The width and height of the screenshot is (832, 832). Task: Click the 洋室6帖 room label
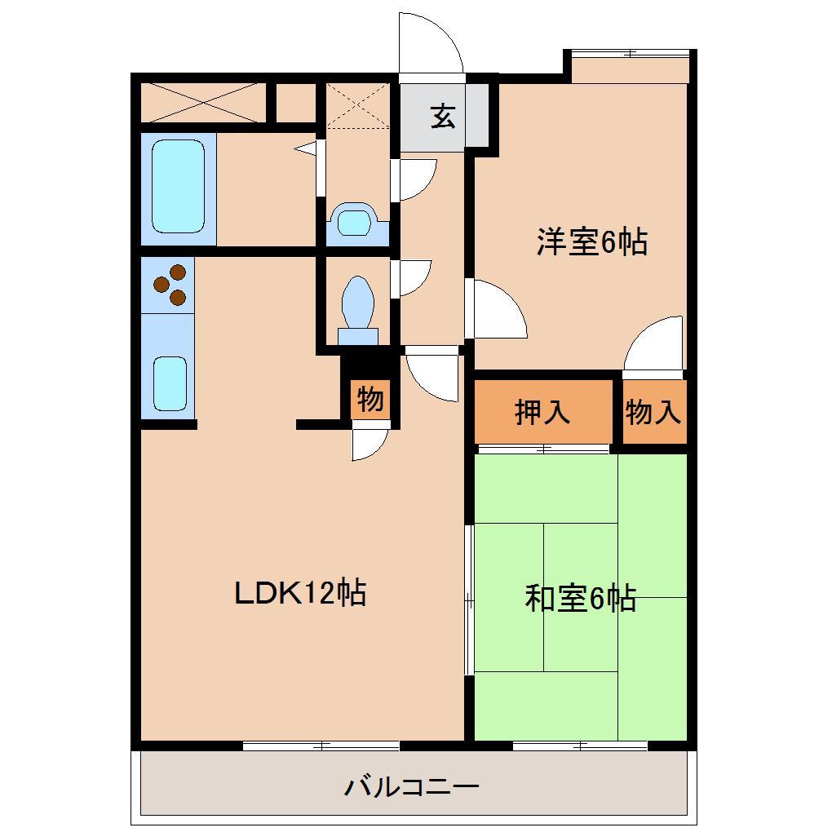[592, 242]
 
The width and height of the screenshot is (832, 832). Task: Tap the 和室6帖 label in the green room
[580, 600]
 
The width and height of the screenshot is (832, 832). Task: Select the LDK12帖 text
[299, 592]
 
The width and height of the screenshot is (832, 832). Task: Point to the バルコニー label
[410, 787]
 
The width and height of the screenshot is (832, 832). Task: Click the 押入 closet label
[542, 413]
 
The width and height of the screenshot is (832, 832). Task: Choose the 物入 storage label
[653, 413]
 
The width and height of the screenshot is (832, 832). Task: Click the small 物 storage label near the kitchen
[370, 401]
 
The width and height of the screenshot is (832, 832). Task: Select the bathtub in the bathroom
[179, 187]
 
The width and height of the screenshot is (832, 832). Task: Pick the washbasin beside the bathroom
[356, 222]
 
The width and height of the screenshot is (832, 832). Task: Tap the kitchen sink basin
[170, 383]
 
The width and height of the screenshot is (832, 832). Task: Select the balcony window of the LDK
[321, 746]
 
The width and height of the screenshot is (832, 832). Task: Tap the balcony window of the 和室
[580, 746]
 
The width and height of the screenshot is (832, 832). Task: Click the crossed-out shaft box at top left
[202, 102]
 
